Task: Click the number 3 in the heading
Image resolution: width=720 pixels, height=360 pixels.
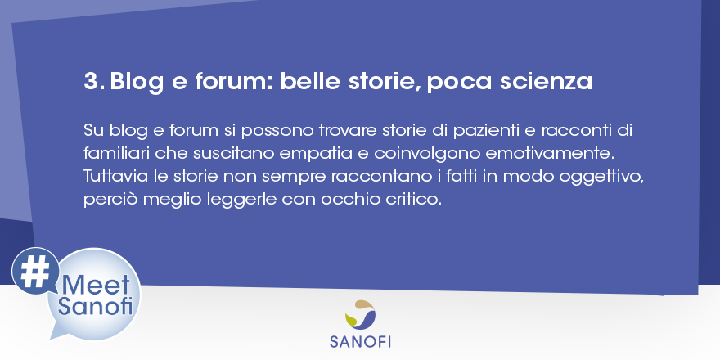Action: (91, 81)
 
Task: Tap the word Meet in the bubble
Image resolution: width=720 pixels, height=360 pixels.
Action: (96, 286)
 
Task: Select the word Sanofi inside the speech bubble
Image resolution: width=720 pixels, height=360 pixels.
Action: (95, 306)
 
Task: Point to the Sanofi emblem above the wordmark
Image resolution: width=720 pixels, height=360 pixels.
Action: (360, 315)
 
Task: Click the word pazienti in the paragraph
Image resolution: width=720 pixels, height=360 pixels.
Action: (485, 131)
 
